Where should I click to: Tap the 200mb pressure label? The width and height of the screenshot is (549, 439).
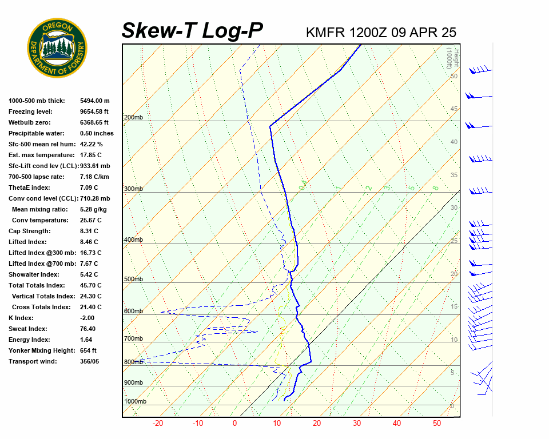click(x=133, y=118)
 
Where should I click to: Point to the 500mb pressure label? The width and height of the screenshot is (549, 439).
click(x=133, y=280)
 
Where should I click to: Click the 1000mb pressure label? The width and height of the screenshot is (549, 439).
click(x=135, y=402)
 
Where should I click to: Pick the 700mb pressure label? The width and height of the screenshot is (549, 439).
click(x=133, y=339)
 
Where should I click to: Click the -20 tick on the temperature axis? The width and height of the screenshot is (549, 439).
click(x=158, y=424)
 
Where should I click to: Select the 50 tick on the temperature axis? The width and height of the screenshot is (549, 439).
click(x=436, y=424)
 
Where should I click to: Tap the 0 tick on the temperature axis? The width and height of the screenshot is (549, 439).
click(x=234, y=424)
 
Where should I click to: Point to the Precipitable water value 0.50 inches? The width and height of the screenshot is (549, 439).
click(x=97, y=134)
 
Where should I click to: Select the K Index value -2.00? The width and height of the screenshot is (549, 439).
click(x=88, y=318)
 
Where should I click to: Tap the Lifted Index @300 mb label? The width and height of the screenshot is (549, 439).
click(x=39, y=253)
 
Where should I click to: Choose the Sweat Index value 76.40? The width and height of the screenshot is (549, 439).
click(x=88, y=329)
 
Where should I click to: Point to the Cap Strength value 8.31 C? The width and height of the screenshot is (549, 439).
click(x=89, y=231)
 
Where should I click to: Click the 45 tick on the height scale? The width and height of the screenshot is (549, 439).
click(x=454, y=109)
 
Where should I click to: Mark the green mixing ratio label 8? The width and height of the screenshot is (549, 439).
click(x=435, y=188)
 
